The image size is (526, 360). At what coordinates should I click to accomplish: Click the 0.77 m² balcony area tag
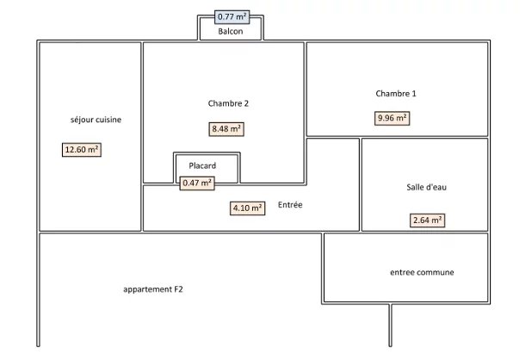pyautogui.click(x=230, y=16)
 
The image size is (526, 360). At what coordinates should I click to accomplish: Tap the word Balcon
pyautogui.click(x=230, y=32)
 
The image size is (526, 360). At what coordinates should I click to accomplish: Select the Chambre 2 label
pyautogui.click(x=228, y=103)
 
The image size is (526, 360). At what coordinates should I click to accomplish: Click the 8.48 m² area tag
pyautogui.click(x=226, y=129)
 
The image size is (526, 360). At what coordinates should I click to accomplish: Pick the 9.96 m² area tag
pyautogui.click(x=393, y=119)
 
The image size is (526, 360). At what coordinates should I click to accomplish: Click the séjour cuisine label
pyautogui.click(x=96, y=120)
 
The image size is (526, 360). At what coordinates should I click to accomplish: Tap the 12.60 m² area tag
pyautogui.click(x=82, y=150)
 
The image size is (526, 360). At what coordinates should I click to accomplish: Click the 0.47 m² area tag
pyautogui.click(x=197, y=183)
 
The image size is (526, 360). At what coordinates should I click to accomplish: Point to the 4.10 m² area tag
pyautogui.click(x=247, y=208)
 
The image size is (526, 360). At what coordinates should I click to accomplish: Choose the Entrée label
pyautogui.click(x=290, y=205)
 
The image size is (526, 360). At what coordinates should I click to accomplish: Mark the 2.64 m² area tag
pyautogui.click(x=428, y=220)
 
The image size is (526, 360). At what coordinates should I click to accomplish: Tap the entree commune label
pyautogui.click(x=422, y=272)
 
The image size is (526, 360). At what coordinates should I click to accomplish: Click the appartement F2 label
pyautogui.click(x=153, y=289)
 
